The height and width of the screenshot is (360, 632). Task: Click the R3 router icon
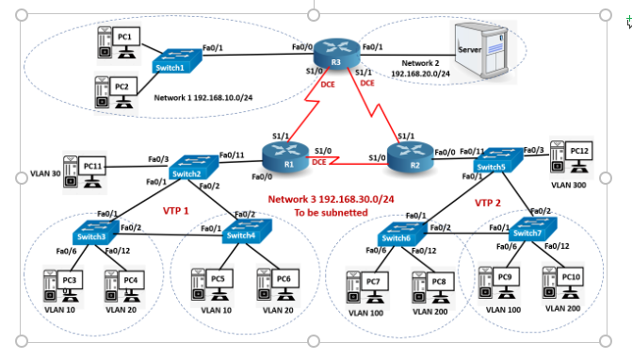pyautogui.click(x=332, y=51)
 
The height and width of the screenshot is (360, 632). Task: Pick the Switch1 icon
pyautogui.click(x=175, y=63)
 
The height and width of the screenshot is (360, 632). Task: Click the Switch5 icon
pyautogui.click(x=494, y=162)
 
